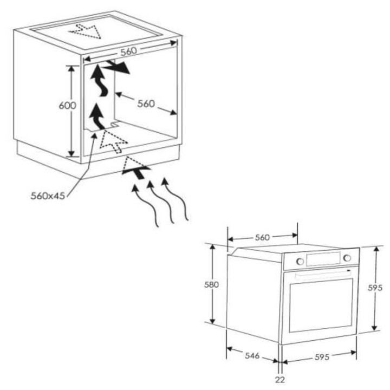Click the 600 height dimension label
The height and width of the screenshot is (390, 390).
point(67,106)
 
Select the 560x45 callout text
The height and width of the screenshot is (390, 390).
point(48,196)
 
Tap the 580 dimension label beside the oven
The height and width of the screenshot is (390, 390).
point(211,284)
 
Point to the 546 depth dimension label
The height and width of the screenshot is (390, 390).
point(252,355)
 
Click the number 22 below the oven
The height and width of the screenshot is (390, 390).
point(280,380)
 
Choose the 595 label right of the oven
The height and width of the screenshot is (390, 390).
point(375,288)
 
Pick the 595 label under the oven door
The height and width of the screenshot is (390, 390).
point(322,357)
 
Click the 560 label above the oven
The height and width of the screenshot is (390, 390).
point(262,238)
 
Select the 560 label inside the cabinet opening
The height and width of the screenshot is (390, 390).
point(146,103)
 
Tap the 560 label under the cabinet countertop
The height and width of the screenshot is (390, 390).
point(129,51)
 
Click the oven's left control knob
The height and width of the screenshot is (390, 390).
point(300,262)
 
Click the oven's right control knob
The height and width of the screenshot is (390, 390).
point(347,258)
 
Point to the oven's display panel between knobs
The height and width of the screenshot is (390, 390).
point(323,259)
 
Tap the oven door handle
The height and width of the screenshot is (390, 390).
point(323,275)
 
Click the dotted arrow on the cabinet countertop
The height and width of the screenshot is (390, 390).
point(86,31)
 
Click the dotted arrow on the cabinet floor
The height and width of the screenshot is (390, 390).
point(113,141)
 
